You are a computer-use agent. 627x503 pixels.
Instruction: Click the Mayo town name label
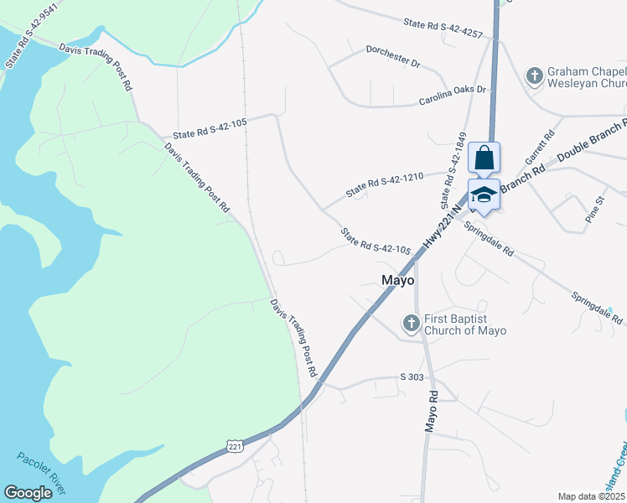(x=398, y=281)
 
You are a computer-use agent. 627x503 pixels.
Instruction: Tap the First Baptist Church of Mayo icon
(x=411, y=323)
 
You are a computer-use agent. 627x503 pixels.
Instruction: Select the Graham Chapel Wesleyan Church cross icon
(x=534, y=76)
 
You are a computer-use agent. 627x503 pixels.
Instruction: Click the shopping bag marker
(x=484, y=158)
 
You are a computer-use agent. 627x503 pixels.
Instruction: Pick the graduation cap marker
(x=484, y=195)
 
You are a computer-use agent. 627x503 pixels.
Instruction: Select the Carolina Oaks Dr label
(x=453, y=96)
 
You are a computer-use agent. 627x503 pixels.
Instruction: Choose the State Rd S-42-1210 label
(x=386, y=184)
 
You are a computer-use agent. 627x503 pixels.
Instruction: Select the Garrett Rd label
(x=539, y=146)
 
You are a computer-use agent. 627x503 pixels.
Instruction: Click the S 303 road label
(x=412, y=377)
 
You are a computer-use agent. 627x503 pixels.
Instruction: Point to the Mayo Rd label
(x=432, y=411)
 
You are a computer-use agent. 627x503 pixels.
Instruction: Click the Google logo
(x=28, y=493)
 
